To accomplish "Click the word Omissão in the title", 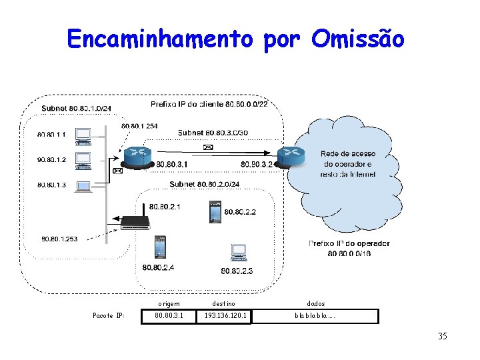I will tap(357, 39).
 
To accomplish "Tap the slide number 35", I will tap(443, 336).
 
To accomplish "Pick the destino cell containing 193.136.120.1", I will tap(225, 315).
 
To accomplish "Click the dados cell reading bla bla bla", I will tap(316, 315).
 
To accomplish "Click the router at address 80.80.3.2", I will tap(291, 155).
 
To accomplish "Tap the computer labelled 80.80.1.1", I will tap(84, 135).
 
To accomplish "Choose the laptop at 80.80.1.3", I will tap(84, 186).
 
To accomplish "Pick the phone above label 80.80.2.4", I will tap(159, 247).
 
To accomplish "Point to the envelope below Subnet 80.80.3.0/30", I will tap(207, 147).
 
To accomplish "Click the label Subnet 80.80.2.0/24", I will tap(205, 184).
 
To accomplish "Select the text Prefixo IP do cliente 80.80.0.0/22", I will tap(209, 104).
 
